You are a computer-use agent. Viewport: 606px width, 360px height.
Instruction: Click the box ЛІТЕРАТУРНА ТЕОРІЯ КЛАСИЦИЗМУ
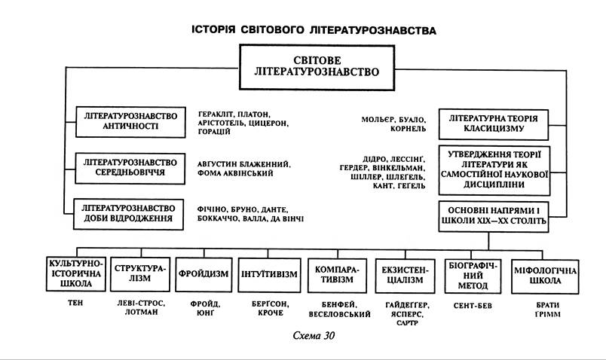[496, 124]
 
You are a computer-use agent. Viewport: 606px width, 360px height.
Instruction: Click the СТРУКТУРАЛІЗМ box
[140, 273]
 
